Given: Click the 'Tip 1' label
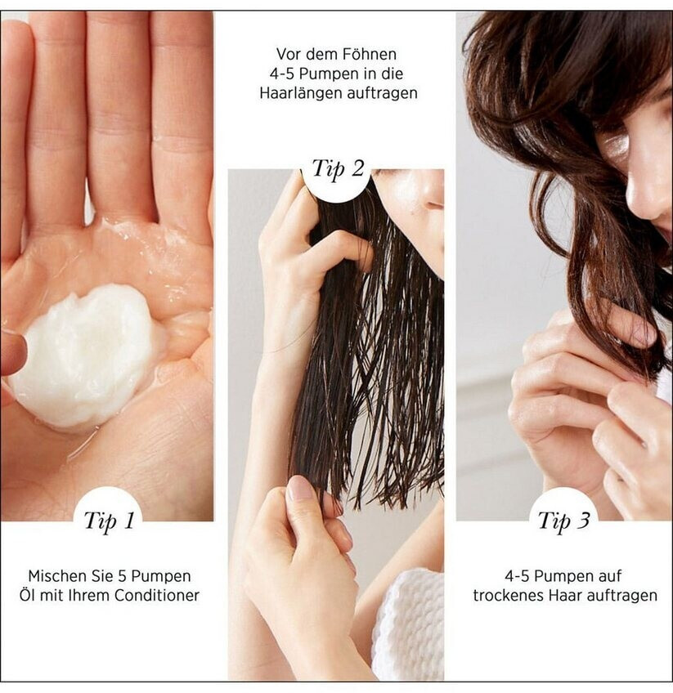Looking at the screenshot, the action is tap(109, 521).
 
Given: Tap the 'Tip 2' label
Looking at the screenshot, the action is tap(338, 169).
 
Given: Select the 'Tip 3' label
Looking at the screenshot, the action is tap(563, 521).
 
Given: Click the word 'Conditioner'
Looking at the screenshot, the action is tap(157, 595).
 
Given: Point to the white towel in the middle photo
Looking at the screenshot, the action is tap(409, 625).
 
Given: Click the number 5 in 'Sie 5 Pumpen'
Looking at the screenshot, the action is tap(123, 576).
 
